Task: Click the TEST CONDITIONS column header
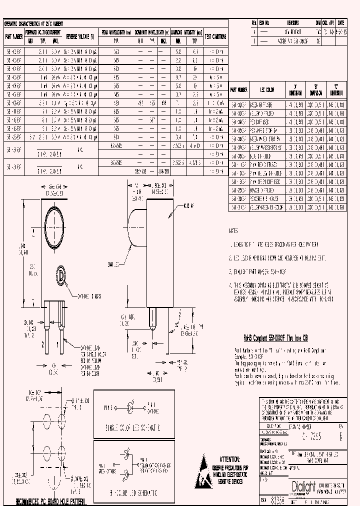216,36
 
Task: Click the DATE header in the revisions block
341,23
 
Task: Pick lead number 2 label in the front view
43,344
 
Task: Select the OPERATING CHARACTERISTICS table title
38,23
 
